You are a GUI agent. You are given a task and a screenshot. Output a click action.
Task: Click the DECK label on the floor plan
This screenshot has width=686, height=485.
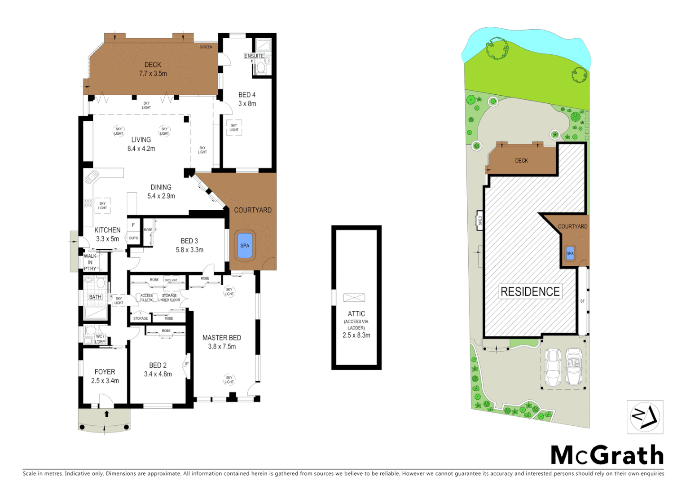click(153, 65)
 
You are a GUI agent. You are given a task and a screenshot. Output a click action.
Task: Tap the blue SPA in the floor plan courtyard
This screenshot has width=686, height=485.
click(245, 246)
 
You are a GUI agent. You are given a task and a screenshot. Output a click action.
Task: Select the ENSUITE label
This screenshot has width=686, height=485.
click(254, 56)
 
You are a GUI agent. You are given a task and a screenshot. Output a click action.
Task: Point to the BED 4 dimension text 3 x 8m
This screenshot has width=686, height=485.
click(247, 104)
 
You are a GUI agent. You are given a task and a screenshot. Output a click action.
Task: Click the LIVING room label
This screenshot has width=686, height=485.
click(141, 140)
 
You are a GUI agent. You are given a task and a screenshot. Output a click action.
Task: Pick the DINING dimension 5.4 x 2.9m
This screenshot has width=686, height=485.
click(161, 196)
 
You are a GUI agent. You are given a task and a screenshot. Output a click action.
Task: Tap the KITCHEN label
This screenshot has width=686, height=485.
click(107, 230)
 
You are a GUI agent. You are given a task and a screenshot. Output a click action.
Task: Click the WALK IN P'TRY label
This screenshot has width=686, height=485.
click(90, 262)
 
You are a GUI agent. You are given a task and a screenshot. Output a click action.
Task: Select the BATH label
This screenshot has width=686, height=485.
click(95, 297)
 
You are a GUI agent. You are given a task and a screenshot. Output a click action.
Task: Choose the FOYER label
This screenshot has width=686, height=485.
click(105, 372)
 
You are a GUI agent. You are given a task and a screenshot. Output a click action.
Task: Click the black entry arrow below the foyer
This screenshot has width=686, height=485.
click(106, 414)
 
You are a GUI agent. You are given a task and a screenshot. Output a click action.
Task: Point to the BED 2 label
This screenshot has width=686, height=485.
click(158, 366)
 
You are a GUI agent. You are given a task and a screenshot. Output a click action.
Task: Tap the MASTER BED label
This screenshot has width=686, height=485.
click(222, 338)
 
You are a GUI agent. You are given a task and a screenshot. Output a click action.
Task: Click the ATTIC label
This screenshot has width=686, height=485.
click(356, 314)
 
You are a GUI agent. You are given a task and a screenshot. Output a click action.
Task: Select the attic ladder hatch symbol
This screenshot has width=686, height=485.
click(354, 297)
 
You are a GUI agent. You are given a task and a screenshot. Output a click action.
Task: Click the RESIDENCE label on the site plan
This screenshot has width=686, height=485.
click(530, 292)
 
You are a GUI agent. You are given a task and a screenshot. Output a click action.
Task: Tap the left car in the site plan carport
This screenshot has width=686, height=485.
click(553, 367)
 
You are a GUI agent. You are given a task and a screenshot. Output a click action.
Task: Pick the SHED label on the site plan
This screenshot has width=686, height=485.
click(480, 220)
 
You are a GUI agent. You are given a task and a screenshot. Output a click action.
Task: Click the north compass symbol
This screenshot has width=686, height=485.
click(645, 417)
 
